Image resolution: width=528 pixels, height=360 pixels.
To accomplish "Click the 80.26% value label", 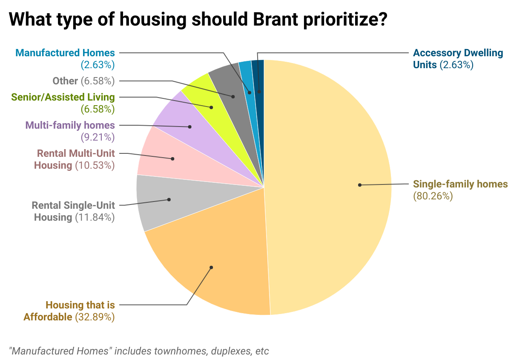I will tap(433, 196).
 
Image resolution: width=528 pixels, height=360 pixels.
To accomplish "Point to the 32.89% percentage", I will tap(95, 317).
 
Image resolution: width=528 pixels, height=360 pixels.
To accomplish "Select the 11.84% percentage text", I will tap(95, 217).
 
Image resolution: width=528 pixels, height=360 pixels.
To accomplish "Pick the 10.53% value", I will tap(95, 165).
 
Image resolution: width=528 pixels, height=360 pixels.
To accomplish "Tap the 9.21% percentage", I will tap(98, 137).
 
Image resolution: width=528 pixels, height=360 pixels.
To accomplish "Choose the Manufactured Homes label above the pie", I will tap(65, 53).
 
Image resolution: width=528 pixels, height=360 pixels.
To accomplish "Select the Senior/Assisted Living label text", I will tap(63, 97).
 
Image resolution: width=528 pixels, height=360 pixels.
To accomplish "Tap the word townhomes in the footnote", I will tap(158, 351).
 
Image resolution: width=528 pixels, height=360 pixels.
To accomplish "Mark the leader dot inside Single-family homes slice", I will tap(360, 185).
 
